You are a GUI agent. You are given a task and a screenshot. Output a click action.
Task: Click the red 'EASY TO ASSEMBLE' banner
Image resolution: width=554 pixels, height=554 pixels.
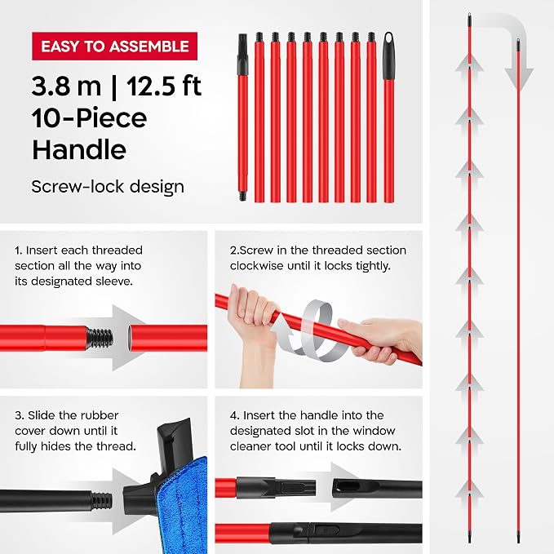tap(114, 47)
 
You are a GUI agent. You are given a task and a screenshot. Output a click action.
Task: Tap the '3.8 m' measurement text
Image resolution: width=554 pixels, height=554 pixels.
tap(66, 86)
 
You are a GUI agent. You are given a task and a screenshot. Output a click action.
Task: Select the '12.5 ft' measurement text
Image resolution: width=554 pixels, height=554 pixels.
tap(164, 86)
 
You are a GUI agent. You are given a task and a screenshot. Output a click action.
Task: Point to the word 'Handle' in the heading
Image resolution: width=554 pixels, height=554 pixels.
tap(79, 150)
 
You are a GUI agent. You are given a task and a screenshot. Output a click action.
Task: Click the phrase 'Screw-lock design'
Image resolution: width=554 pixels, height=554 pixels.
tap(108, 187)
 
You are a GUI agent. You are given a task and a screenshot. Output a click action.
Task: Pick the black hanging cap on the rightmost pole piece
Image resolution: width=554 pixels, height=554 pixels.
tap(389, 55)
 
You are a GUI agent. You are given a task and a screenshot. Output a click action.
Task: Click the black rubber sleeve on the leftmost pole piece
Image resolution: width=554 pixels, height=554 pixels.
tap(242, 55)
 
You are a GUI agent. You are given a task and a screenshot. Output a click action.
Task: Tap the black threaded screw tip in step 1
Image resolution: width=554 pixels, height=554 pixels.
tap(100, 338)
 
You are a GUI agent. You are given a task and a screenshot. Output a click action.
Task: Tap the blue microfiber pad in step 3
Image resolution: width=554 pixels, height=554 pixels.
tap(182, 505)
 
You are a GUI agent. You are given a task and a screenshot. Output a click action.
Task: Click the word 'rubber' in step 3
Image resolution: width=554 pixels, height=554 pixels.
tap(98, 415)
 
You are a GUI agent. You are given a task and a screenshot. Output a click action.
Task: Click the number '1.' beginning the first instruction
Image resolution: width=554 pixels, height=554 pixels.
tap(19, 250)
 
